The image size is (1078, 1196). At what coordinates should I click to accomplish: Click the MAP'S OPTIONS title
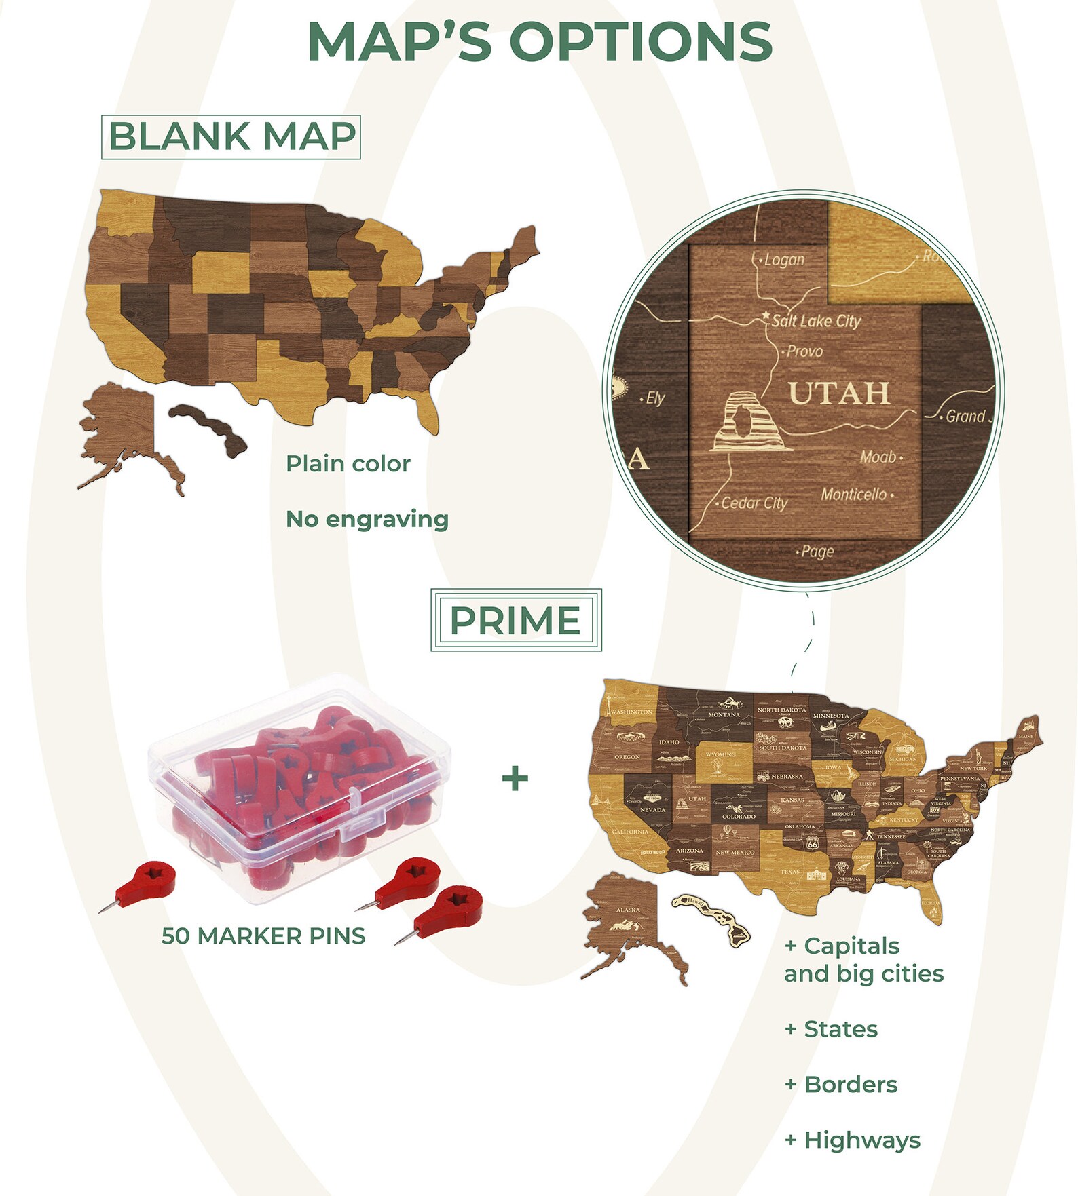point(540,42)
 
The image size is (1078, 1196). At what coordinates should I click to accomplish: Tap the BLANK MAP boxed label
point(231,137)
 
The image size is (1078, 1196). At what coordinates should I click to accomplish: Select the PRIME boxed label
point(515,620)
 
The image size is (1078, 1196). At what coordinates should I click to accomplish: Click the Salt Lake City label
point(815,321)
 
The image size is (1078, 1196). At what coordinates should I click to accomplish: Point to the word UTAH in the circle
point(839,393)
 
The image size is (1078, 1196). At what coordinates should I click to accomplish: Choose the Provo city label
point(804,351)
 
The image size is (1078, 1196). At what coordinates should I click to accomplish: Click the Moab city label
point(878,457)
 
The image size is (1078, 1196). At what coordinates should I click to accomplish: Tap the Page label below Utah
point(817,552)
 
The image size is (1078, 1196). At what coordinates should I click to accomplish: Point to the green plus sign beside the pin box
point(515,778)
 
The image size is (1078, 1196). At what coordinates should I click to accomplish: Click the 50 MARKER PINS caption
point(263,936)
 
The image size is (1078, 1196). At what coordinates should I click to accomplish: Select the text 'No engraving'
point(367,519)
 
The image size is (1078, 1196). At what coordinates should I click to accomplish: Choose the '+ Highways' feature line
point(853,1140)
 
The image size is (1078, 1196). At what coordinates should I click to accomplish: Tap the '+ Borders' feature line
point(841,1085)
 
